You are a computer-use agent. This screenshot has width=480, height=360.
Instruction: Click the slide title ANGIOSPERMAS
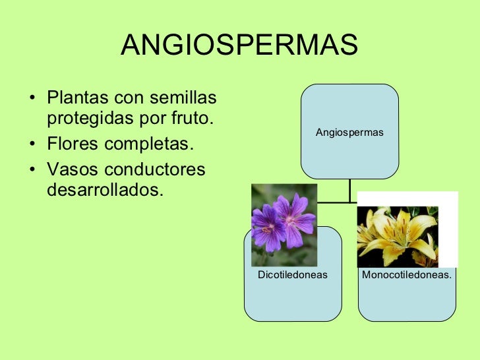click(x=239, y=45)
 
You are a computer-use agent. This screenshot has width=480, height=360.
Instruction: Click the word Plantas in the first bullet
click(x=78, y=98)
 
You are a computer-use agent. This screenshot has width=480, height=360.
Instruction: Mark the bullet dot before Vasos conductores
click(x=33, y=170)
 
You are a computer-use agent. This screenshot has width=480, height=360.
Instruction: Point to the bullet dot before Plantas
click(x=33, y=100)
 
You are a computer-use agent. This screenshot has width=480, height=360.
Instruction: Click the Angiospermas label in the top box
click(x=349, y=133)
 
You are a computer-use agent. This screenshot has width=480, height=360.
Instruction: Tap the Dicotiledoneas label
click(x=293, y=274)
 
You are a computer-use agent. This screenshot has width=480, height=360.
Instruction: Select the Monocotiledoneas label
click(x=407, y=274)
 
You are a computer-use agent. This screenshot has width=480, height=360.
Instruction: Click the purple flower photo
click(x=284, y=216)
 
